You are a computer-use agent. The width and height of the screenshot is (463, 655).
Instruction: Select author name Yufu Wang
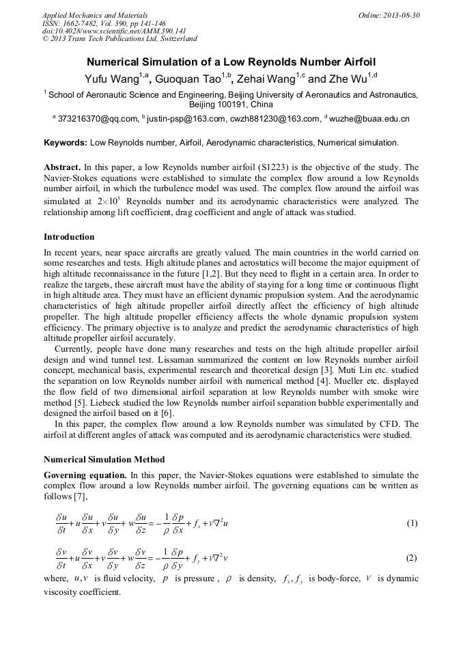point(110,79)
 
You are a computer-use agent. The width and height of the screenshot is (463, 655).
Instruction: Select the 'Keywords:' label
point(65,143)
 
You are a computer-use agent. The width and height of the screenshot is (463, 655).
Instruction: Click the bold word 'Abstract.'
point(62,167)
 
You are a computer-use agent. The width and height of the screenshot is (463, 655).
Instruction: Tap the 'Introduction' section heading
point(69,237)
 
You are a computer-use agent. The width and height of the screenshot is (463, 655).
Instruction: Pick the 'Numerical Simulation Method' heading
point(104,460)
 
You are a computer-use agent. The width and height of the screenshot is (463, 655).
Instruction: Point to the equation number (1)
point(411,524)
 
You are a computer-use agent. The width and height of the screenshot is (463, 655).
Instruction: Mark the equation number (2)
point(411,557)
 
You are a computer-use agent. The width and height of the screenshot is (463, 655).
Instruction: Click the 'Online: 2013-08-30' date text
point(389,15)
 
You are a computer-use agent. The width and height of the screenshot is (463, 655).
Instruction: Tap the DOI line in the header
point(114,31)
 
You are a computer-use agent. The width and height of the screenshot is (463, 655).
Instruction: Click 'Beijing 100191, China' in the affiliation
point(231,104)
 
